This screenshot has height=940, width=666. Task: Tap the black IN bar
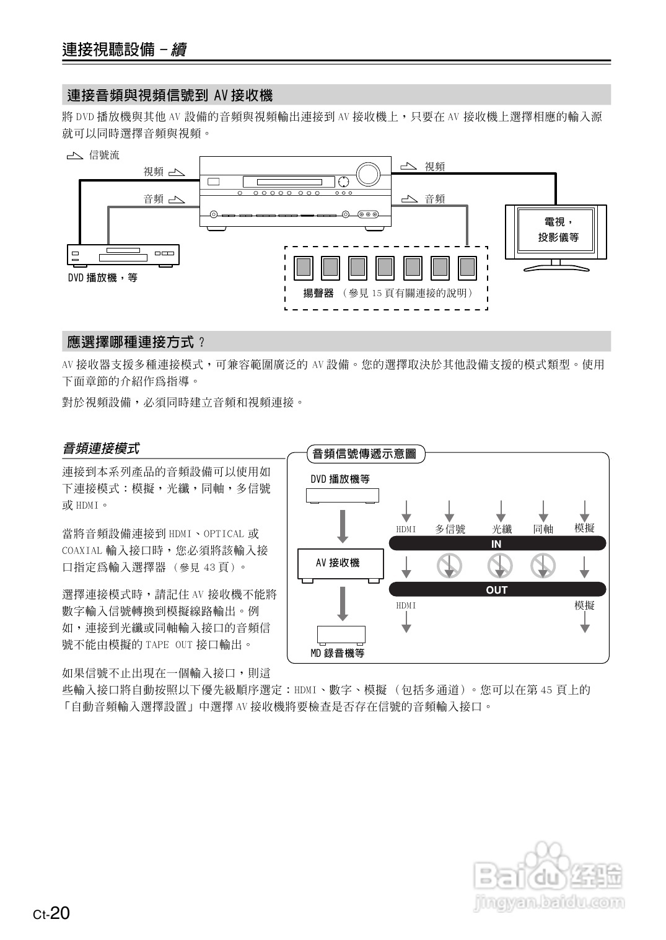497,543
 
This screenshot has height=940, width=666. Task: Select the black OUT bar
497,589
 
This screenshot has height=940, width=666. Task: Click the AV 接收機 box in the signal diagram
340,563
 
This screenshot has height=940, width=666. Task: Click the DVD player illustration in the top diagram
123,255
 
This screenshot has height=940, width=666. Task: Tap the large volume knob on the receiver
367,174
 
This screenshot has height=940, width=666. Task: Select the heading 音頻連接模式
101,447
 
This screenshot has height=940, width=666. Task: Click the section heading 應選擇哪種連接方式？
136,341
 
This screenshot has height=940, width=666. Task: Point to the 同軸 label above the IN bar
543,529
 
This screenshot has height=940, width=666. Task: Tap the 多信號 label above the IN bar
450,529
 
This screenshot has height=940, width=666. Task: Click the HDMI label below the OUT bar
406,605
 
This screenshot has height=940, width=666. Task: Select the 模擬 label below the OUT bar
584,605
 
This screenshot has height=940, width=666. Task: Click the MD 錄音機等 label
338,652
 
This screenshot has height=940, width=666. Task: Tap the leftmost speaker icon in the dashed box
304,267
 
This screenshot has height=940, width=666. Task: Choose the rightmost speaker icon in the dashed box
467,267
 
